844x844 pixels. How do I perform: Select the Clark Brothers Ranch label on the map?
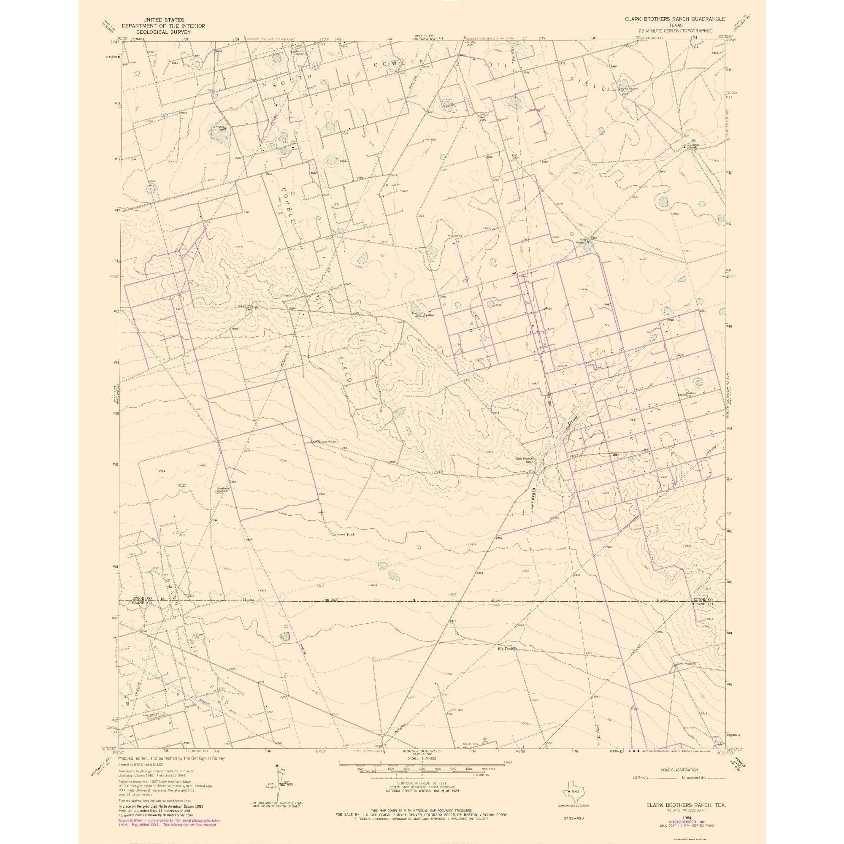[x=525, y=460]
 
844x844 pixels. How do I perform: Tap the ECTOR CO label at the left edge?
[x=142, y=598]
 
